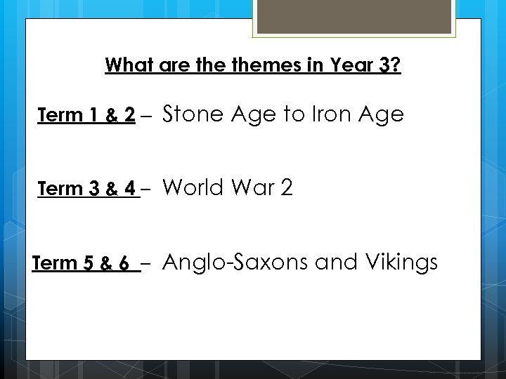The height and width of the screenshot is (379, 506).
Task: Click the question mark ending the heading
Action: [x=396, y=65]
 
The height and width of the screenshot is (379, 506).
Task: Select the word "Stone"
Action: [x=192, y=114]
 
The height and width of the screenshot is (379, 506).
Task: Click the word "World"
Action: [x=193, y=188]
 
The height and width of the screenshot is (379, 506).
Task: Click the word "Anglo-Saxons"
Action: [x=236, y=262]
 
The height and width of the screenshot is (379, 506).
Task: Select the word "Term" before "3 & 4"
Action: [x=59, y=189]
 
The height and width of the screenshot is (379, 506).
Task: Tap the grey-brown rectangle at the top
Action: [x=355, y=16]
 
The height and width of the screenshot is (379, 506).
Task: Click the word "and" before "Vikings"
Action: [x=336, y=262]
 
